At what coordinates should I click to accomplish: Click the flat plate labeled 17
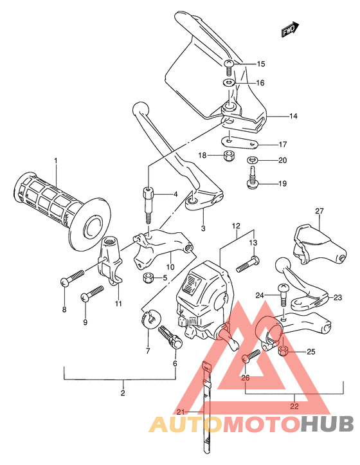(240, 142)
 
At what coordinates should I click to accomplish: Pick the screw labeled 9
(92, 293)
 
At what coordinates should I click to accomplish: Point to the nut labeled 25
(283, 350)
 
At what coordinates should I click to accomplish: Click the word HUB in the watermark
(327, 424)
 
